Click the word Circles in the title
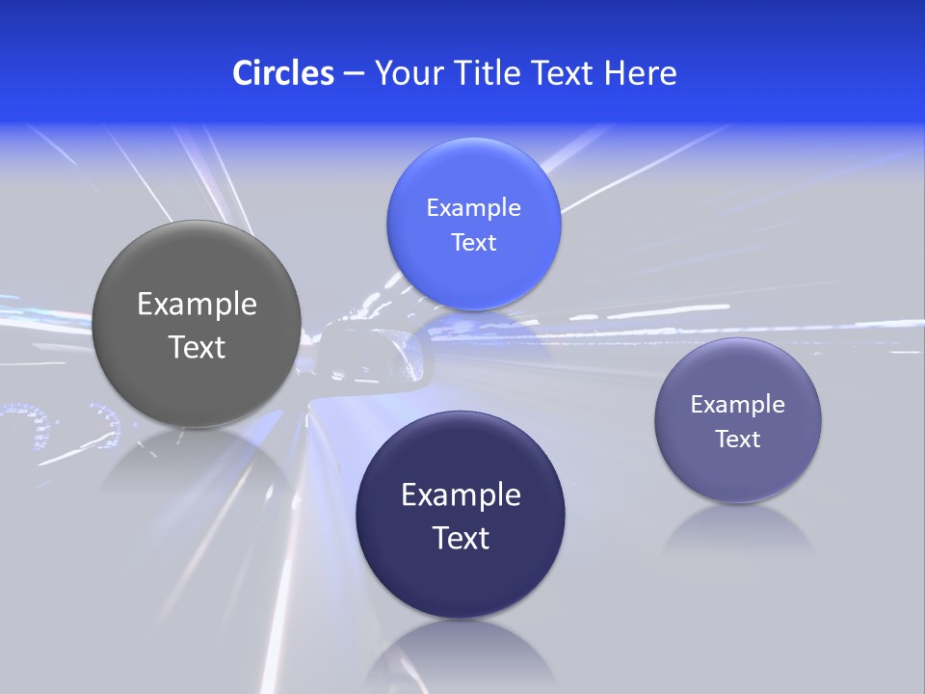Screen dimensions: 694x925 coord(283,73)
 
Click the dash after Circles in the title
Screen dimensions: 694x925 coord(354,74)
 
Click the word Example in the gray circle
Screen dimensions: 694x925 coord(197,305)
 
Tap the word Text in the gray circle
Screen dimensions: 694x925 coord(197,347)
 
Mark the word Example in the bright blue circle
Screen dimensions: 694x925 coord(474,208)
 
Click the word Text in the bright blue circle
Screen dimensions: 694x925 coord(474,243)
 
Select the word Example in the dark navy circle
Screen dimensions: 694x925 coord(461,495)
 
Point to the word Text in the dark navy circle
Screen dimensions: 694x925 coord(461,538)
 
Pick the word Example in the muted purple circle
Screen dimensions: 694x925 coord(738,405)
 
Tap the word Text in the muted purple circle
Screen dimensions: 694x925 coord(738,440)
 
